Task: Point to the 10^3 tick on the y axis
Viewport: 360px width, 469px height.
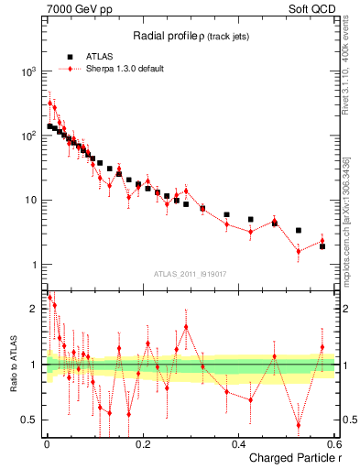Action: pyautogui.click(x=28, y=71)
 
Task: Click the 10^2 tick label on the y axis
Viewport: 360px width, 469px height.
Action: pyautogui.click(x=28, y=136)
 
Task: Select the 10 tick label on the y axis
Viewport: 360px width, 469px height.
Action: pyautogui.click(x=31, y=201)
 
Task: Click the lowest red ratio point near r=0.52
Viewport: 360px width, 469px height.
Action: pyautogui.click(x=299, y=425)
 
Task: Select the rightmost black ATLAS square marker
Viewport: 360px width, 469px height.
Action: pyautogui.click(x=322, y=246)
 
